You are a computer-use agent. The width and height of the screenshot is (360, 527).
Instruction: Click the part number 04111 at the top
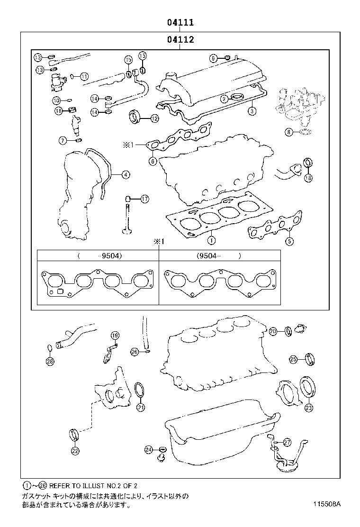pos(180,22)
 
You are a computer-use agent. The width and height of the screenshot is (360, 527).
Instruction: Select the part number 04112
pos(180,40)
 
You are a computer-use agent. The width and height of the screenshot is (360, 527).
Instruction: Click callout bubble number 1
pos(210,240)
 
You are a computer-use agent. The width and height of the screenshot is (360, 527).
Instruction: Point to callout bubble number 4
pos(125,175)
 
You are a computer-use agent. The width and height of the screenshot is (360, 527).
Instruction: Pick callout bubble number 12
pos(154,118)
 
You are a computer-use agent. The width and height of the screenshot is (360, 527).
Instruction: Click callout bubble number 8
pos(288,133)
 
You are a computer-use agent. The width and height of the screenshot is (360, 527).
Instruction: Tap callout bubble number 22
pos(74,451)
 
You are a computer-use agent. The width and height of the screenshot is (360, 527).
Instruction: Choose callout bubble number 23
pos(308,407)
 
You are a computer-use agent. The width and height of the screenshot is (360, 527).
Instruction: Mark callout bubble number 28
pos(50,362)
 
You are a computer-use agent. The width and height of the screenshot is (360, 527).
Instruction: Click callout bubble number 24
pos(149,449)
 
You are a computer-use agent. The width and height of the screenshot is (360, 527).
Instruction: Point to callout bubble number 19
pos(114,336)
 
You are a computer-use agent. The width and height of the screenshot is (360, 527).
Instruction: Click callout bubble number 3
pos(252,111)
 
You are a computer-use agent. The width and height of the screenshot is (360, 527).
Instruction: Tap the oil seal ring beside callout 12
pos(135,116)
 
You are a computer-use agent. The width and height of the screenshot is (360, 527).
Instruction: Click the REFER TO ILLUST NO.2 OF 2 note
pos(82,486)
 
